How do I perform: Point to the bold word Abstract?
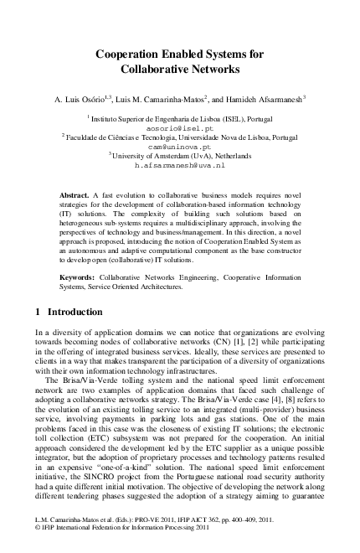pyautogui.click(x=75, y=194)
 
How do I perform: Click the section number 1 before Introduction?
pyautogui.click(x=39, y=312)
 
